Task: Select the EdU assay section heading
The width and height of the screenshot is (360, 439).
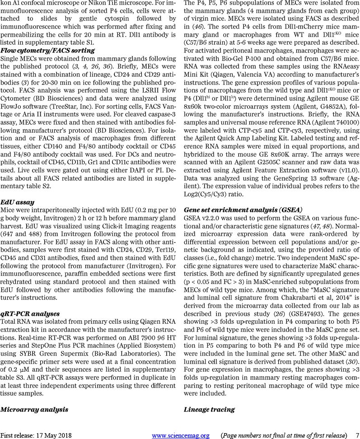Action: pos(19,202)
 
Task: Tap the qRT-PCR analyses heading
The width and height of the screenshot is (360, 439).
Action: pos(30,313)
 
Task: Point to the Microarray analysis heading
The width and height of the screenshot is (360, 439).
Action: pos(34,409)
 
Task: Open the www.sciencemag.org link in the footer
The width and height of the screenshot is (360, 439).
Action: pos(181,435)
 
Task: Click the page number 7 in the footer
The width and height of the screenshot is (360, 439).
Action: pos(357,435)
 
